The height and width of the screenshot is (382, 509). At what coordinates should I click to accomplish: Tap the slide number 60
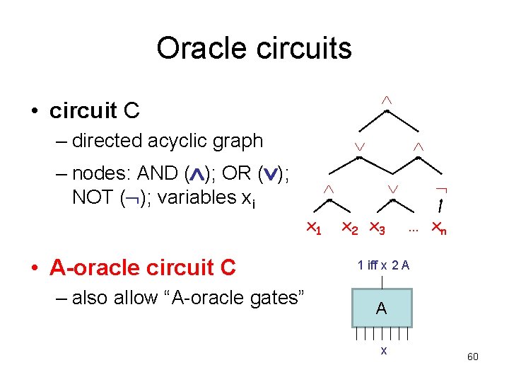point(473,357)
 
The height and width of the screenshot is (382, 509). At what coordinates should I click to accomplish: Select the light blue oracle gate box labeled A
point(381,308)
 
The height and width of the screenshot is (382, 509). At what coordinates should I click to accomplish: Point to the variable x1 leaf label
point(313,228)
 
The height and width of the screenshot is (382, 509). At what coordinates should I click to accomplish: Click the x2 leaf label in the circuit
point(349,228)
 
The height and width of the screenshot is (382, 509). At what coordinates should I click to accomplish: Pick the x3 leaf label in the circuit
point(377,228)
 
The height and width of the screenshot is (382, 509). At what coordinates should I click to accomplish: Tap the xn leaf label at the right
point(439,228)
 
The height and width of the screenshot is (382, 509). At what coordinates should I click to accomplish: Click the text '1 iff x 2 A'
point(383,265)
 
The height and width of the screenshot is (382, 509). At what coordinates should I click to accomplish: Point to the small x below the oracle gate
point(383,350)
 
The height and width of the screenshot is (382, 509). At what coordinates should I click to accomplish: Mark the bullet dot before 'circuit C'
point(33,111)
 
